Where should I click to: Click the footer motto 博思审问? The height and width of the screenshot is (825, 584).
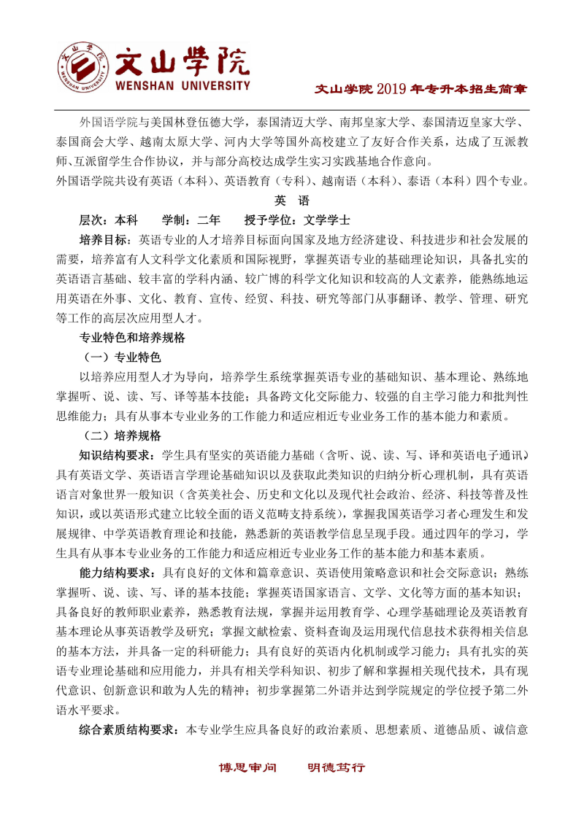tap(248, 767)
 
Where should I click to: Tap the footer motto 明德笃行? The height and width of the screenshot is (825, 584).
tap(336, 767)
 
